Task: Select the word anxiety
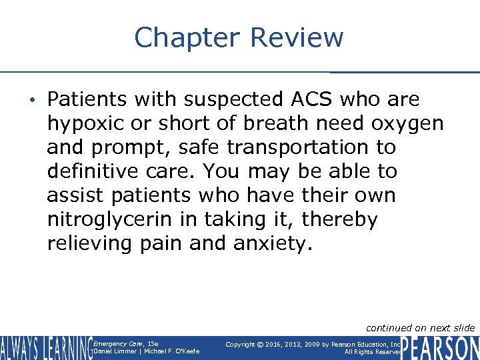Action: click(x=272, y=244)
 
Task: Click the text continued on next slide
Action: click(x=421, y=327)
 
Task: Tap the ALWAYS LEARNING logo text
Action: click(x=45, y=347)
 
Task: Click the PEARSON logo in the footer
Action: click(x=441, y=347)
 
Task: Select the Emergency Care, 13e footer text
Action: click(x=116, y=343)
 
